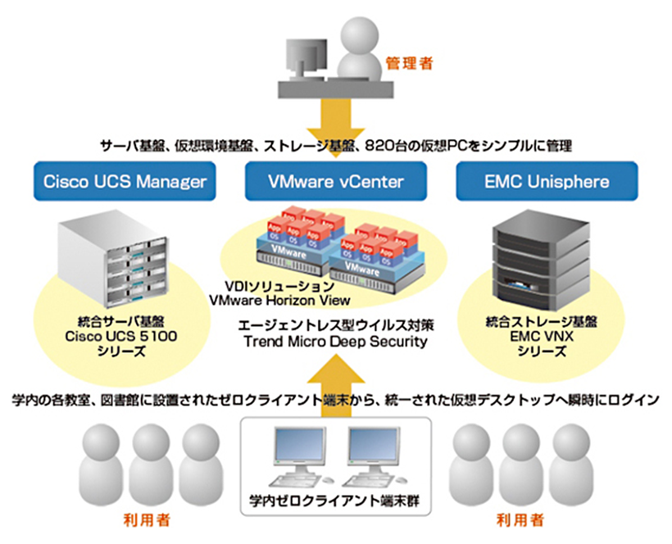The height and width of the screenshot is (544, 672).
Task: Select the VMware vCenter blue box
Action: coord(335,180)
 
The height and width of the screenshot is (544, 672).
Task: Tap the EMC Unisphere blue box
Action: coord(547,180)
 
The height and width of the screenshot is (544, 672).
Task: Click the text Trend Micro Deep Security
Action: coord(336,342)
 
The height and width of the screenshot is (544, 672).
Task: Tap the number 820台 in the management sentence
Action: coord(393,146)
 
